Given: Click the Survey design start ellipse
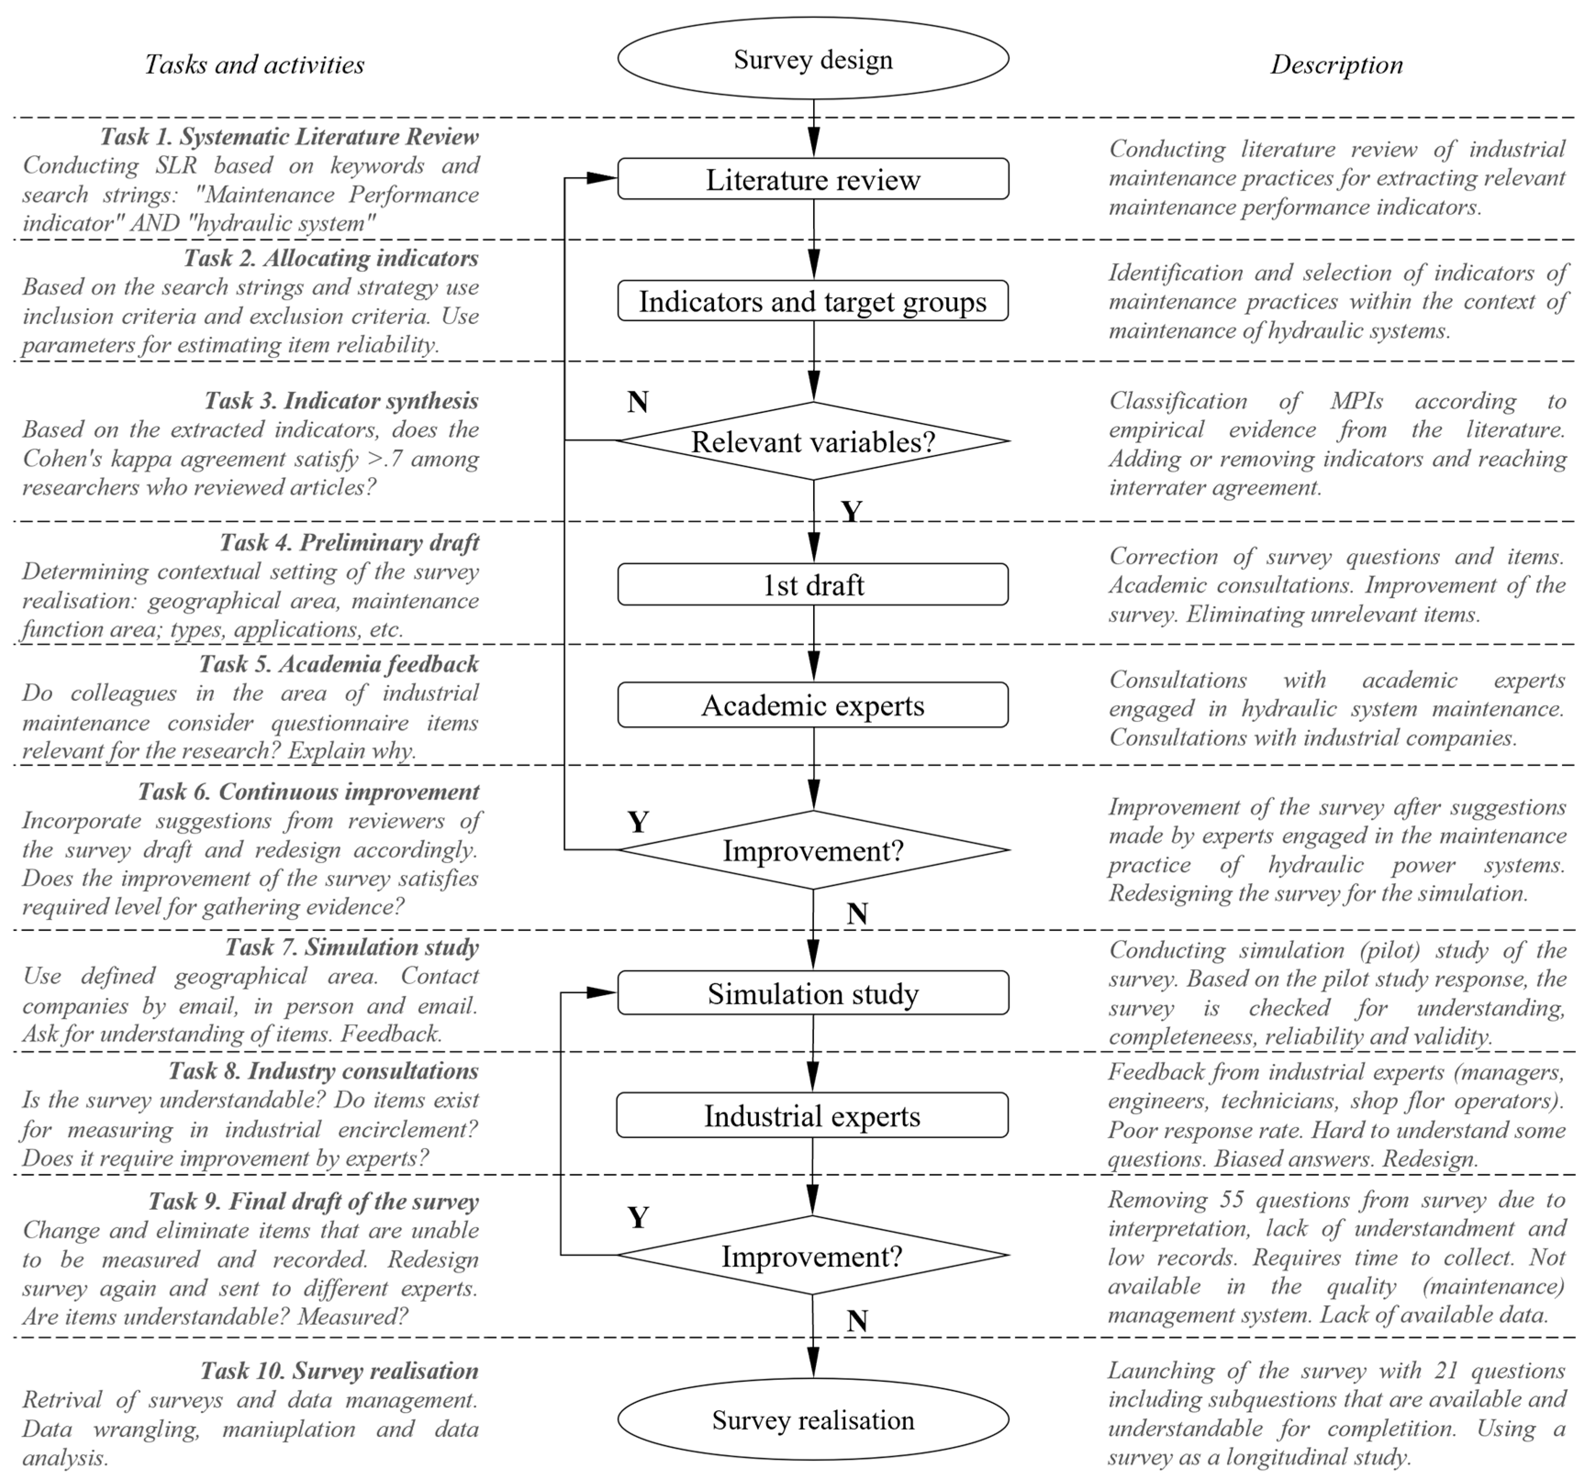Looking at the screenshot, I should point(813,59).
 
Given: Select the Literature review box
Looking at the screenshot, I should point(813,179).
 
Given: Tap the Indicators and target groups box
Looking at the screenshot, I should point(813,301).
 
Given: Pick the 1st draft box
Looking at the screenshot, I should point(813,584).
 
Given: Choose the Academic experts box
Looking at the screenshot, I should point(813,705).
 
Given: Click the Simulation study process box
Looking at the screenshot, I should point(813,993).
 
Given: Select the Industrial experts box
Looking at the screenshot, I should point(813,1115).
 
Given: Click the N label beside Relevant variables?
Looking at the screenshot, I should point(637,401).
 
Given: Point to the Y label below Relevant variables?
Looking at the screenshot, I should point(852,511).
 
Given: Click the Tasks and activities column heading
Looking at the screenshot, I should point(254,65).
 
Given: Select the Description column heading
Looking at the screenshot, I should point(1336,65).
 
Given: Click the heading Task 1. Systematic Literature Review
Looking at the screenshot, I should point(290,137).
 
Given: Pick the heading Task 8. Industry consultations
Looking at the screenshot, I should point(323,1070).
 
